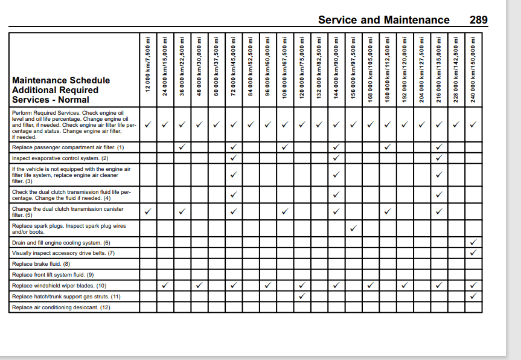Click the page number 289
coord(478,20)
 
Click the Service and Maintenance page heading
coord(383,20)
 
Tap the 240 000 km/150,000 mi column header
coord(474,64)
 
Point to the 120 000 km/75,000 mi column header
coord(302,64)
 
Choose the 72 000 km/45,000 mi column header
coord(234,64)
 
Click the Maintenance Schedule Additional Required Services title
coord(60,90)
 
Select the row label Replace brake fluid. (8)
coord(41,264)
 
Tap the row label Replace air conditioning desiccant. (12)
coord(61,307)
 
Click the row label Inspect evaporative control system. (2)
coord(60,158)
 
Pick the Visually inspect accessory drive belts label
coord(63,253)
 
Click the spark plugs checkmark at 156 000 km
coord(354,228)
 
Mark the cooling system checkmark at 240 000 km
coord(474,242)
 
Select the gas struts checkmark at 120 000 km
coord(302,297)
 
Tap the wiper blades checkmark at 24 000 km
coord(165,286)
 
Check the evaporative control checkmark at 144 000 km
coord(336,158)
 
